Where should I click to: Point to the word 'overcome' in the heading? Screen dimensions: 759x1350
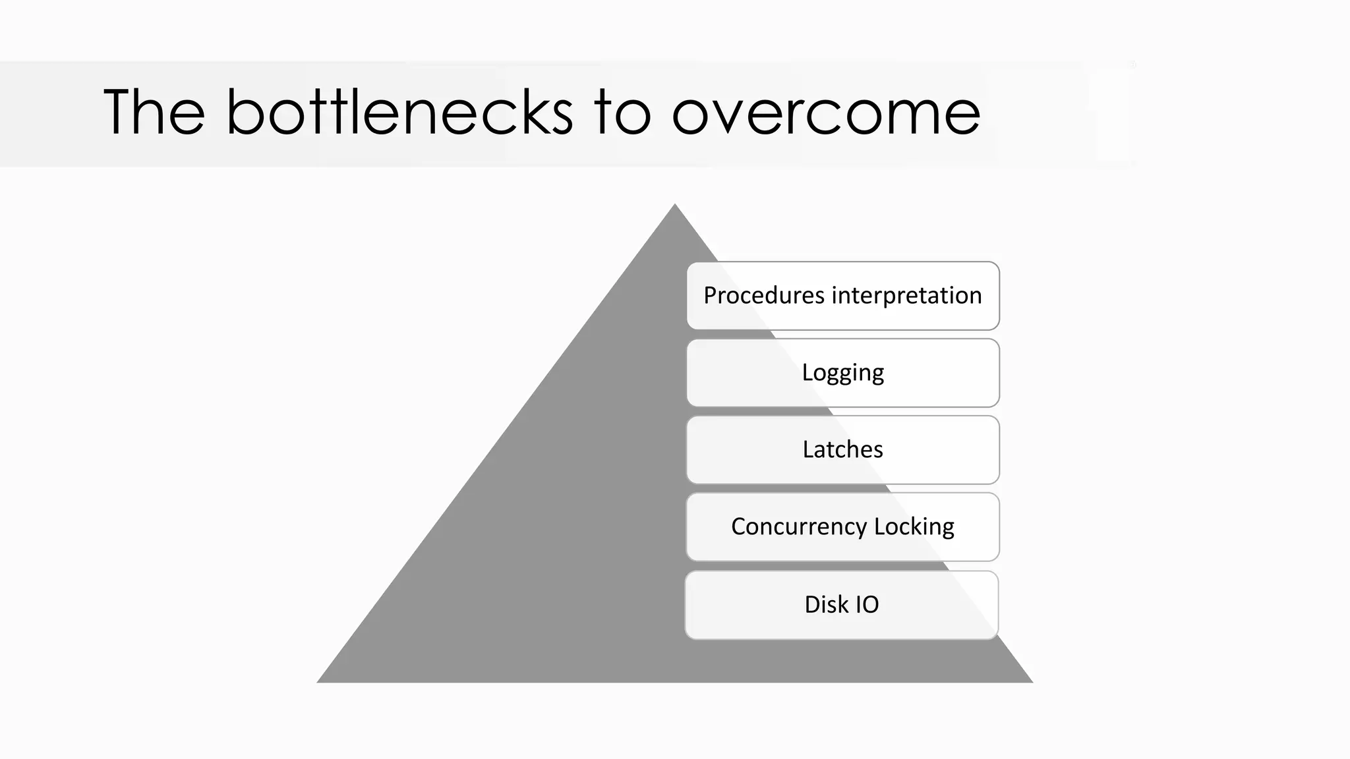tap(826, 113)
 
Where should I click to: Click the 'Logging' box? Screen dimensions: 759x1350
tap(843, 373)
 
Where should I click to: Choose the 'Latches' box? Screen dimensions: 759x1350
tap(843, 450)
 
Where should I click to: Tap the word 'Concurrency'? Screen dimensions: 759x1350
tap(799, 527)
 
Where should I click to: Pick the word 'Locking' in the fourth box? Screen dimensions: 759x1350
tap(914, 527)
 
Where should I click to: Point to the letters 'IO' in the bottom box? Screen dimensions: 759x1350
tap(867, 604)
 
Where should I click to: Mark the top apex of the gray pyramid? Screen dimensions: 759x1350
tap(675, 206)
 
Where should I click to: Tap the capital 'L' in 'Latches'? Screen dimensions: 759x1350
tap(807, 450)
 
